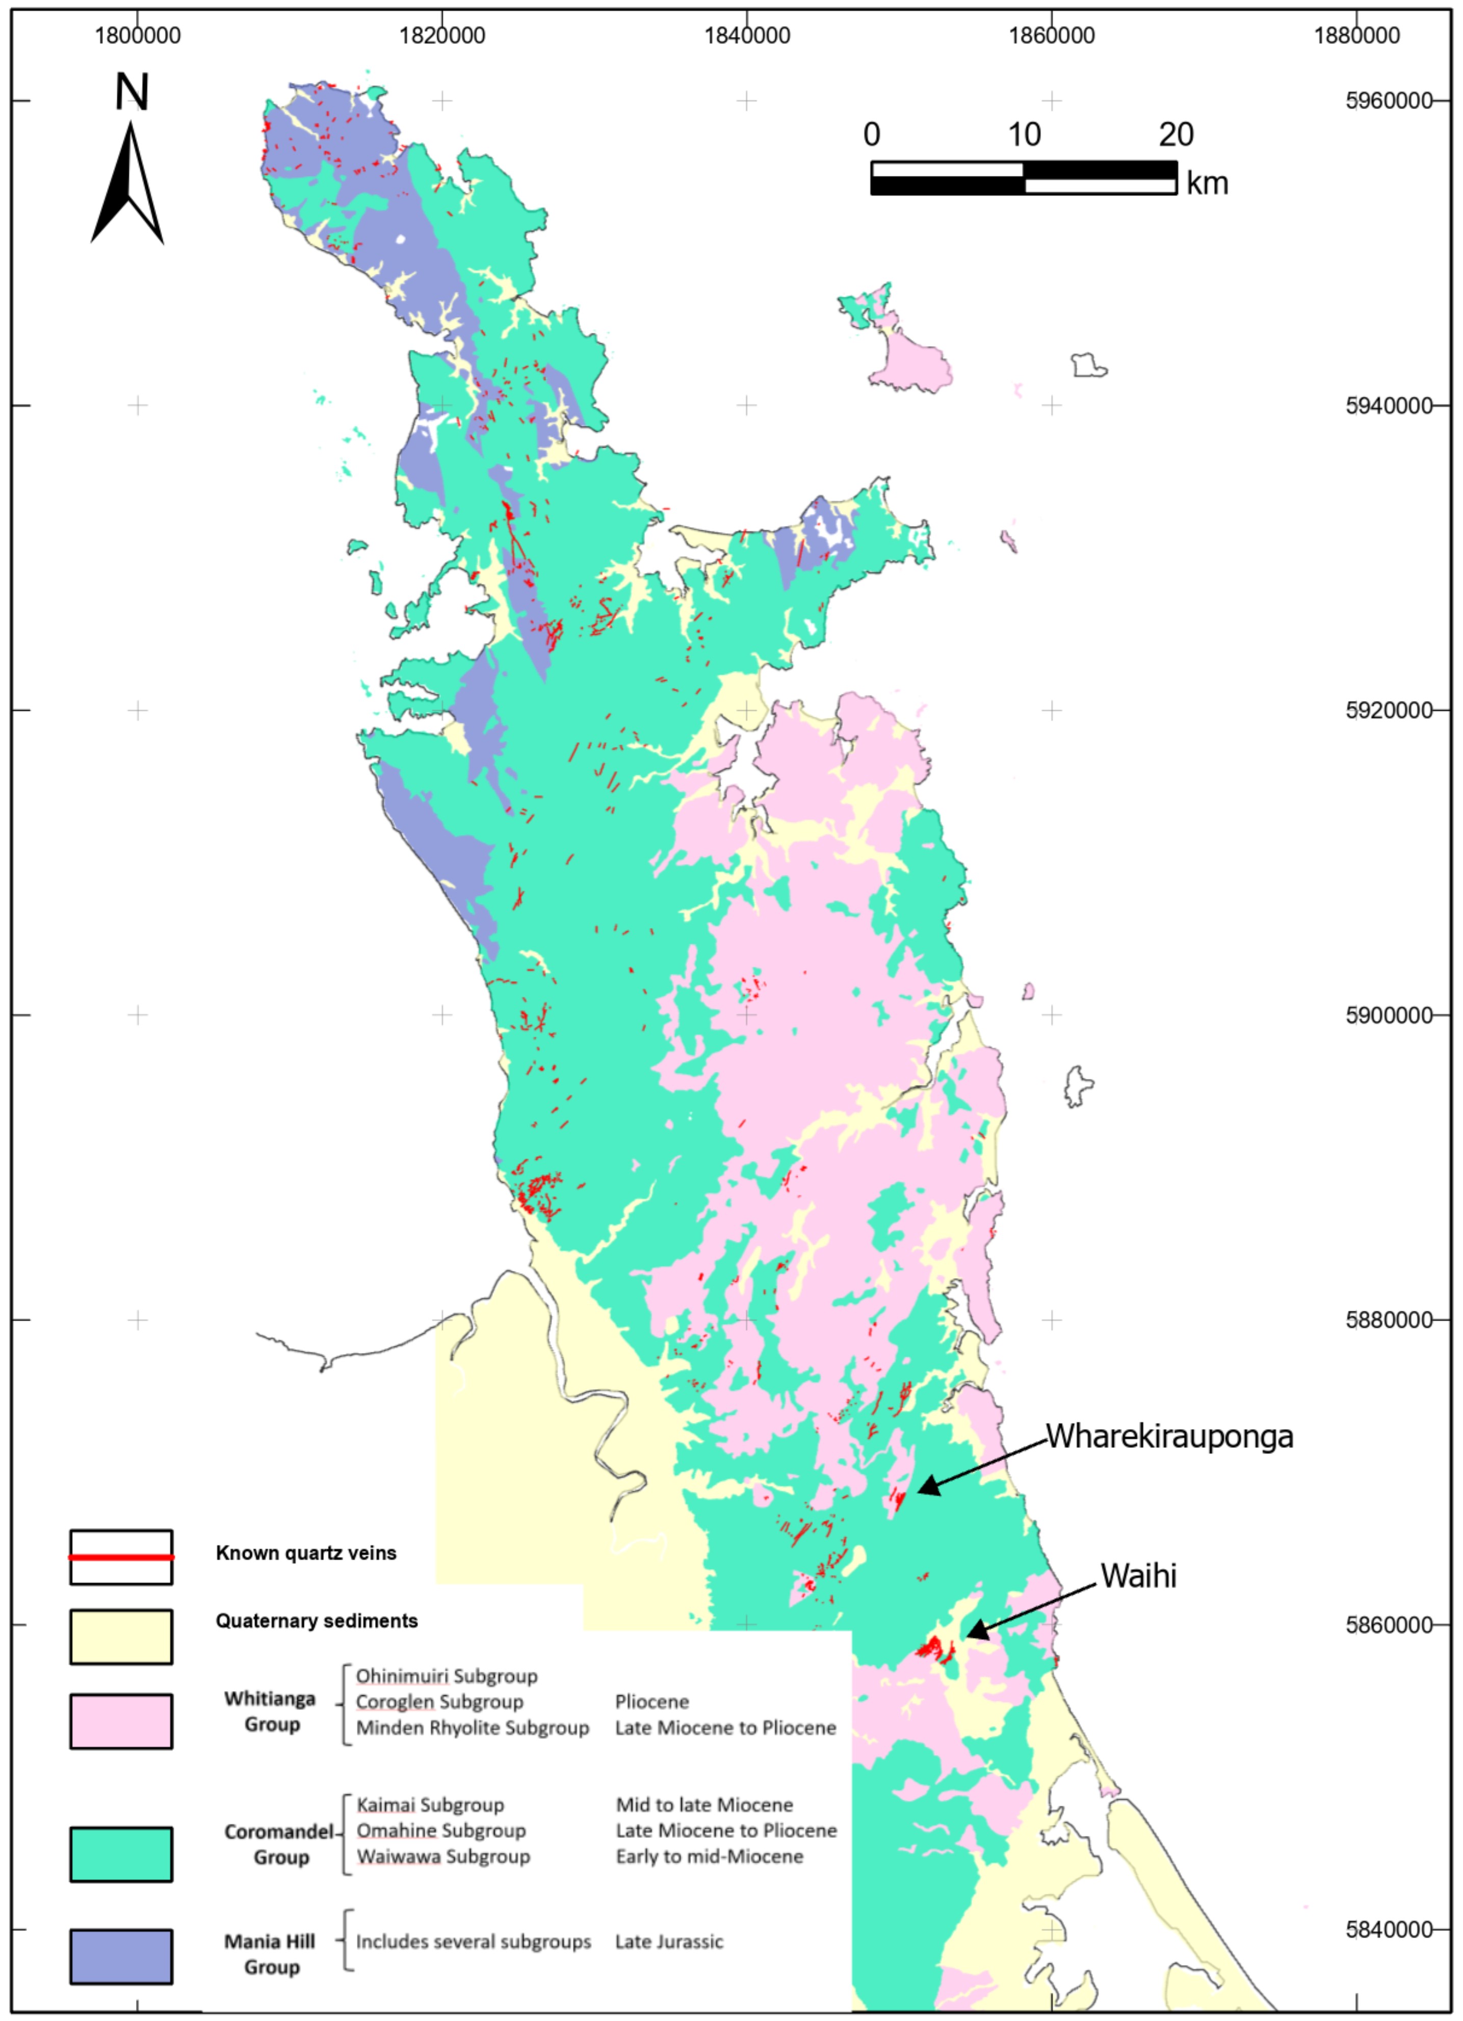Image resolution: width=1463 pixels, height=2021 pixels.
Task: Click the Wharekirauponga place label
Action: (1169, 1436)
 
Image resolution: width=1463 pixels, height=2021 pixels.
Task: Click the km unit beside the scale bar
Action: (1207, 184)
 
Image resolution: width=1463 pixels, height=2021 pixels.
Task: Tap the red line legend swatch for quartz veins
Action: (121, 1557)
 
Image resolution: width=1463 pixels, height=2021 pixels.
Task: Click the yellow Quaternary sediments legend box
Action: (121, 1637)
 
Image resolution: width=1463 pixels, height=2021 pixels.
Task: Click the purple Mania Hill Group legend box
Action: (121, 1957)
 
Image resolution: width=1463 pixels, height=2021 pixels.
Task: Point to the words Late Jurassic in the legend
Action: (669, 1941)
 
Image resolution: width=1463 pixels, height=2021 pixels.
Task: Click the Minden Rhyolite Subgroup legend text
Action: (472, 1729)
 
